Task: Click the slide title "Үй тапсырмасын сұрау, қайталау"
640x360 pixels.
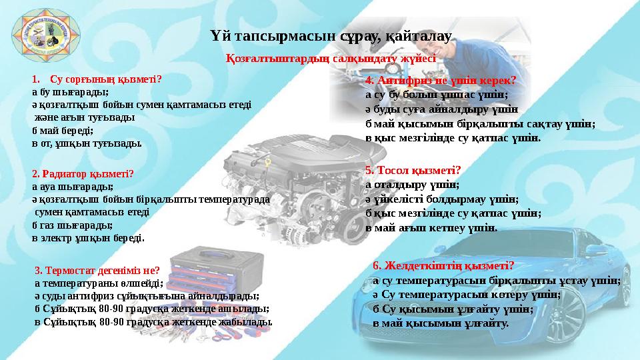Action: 331,35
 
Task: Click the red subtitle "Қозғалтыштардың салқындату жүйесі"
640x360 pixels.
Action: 331,59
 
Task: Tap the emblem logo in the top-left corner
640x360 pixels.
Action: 43,38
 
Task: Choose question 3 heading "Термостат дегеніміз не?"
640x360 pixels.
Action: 97,270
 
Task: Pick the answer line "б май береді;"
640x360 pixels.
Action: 63,131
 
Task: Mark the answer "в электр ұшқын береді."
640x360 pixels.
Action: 88,237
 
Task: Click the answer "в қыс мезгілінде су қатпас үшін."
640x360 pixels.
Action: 453,138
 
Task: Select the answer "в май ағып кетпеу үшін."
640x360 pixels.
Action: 431,228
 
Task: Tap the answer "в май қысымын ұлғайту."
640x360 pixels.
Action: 441,323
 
